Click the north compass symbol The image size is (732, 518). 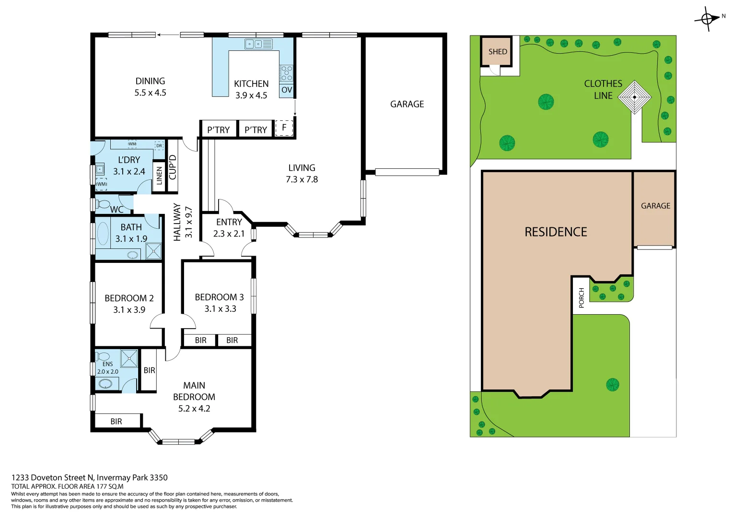708,19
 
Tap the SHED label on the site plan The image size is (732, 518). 498,52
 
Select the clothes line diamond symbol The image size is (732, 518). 634,97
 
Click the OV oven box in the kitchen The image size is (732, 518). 287,90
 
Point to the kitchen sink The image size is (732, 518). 258,44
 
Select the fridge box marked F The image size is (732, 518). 284,128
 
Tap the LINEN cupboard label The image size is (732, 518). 159,176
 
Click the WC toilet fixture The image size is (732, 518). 104,204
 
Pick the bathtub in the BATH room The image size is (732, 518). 103,234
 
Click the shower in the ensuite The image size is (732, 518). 129,359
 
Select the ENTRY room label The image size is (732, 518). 229,222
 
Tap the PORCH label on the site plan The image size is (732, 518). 581,298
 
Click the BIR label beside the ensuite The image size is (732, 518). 149,370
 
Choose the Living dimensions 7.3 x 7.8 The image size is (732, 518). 302,179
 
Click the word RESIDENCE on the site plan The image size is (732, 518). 556,232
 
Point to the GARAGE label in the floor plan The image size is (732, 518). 407,104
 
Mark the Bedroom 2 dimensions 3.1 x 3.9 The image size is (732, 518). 129,310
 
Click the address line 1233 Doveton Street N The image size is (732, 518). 90,477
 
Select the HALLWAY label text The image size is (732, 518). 177,222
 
